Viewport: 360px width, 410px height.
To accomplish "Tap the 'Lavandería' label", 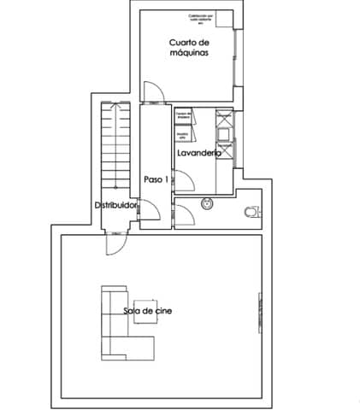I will click(x=198, y=153).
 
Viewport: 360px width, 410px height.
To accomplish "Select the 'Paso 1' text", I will click(x=156, y=179).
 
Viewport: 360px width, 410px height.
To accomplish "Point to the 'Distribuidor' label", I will click(x=116, y=206).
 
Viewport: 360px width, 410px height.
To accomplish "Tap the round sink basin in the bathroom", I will click(x=206, y=204).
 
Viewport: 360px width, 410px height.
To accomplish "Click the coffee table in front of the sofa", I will click(x=144, y=311).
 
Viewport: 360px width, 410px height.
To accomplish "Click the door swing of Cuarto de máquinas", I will click(x=150, y=92).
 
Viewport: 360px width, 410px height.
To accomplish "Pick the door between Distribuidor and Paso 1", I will click(x=147, y=210).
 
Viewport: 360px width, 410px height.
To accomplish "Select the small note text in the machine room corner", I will click(x=210, y=19).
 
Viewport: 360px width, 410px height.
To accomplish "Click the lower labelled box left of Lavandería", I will click(x=183, y=134).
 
